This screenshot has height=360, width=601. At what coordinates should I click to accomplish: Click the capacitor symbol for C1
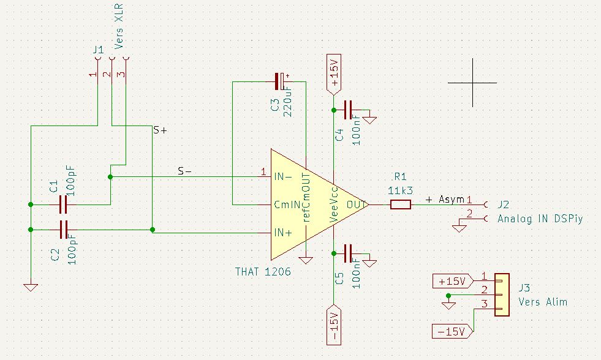coord(62,203)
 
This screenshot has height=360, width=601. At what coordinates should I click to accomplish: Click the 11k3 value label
coord(401,190)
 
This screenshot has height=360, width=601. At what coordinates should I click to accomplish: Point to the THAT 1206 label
coord(263,271)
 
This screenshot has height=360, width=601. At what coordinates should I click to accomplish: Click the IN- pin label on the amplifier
coord(284,177)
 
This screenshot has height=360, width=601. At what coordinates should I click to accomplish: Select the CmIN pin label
coord(285,204)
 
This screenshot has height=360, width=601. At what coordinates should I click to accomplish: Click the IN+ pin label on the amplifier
coord(284,233)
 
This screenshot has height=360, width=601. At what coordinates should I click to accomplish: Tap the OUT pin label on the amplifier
coord(356,204)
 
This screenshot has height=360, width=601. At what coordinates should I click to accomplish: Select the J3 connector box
coord(502,294)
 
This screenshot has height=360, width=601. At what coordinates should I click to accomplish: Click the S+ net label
coord(160,130)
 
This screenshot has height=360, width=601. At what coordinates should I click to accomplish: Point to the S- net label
coord(184,171)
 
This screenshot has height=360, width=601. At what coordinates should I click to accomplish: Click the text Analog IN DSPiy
coord(539,219)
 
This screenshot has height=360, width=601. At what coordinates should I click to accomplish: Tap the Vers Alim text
coord(543,302)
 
